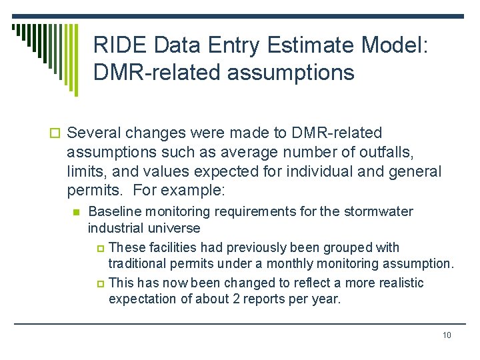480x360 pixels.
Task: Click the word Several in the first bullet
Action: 92,133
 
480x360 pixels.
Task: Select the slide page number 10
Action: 447,335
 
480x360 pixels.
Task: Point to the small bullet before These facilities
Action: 101,249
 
